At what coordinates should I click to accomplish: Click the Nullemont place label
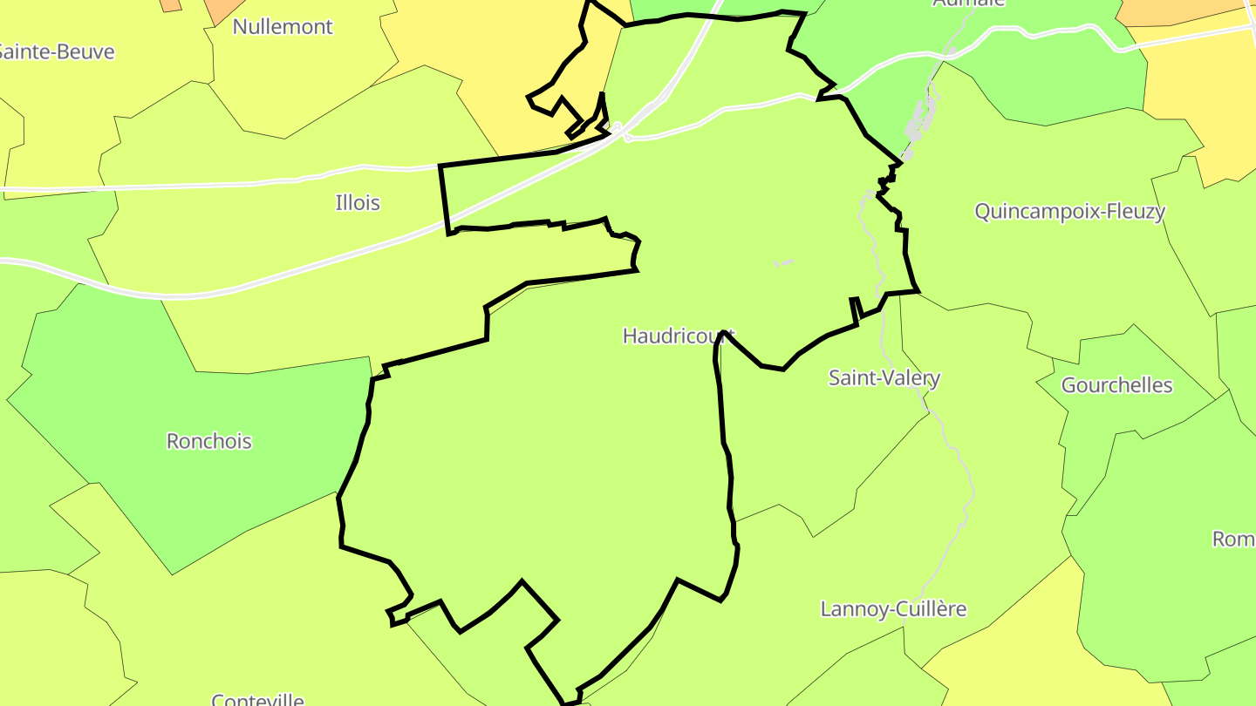pos(283,27)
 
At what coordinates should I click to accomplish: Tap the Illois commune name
pos(358,203)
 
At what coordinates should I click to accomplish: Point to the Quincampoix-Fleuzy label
pos(1069,212)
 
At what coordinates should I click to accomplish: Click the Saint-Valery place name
pos(884,378)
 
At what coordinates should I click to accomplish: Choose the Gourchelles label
pos(1116,385)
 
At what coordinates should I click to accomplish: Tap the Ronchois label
pos(209,441)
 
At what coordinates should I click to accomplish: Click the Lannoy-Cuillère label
pos(893,609)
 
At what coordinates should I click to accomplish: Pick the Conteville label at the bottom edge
pos(257,699)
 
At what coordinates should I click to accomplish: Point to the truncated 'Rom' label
pos(1233,540)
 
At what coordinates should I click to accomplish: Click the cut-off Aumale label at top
pos(968,3)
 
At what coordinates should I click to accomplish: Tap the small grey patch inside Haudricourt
pos(782,262)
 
